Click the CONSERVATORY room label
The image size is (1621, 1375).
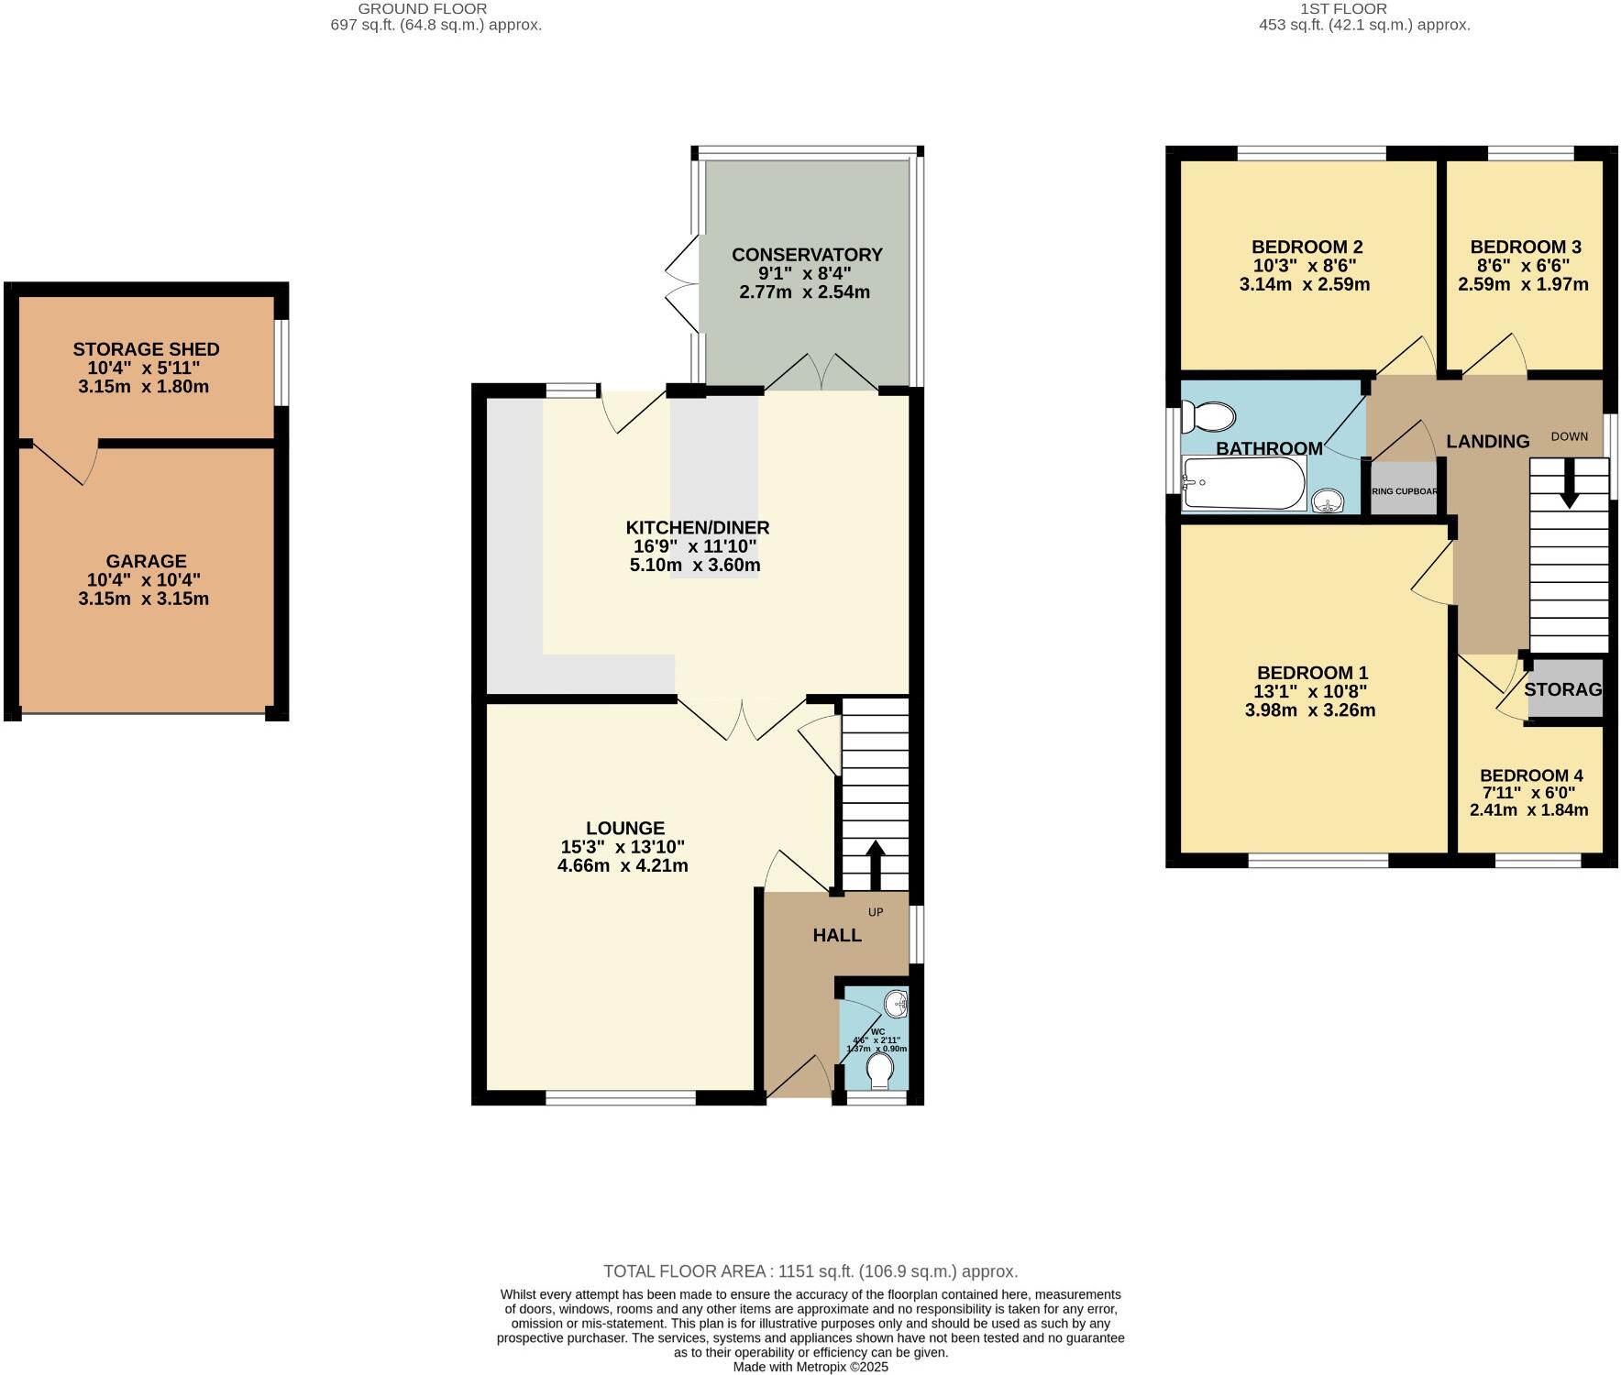(x=806, y=255)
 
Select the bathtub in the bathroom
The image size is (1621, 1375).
(x=1243, y=483)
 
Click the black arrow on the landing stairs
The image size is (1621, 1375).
(x=1569, y=483)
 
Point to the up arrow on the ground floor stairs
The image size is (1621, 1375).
(x=875, y=863)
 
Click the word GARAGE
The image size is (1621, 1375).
(x=146, y=561)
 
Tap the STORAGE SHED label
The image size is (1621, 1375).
(x=146, y=349)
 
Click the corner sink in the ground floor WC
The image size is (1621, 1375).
(x=896, y=1005)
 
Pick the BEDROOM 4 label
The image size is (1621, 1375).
(x=1530, y=775)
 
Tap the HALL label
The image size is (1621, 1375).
(x=836, y=935)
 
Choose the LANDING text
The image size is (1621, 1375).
(x=1487, y=442)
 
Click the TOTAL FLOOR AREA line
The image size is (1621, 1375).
(x=810, y=1271)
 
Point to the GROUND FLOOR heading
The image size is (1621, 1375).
(x=422, y=8)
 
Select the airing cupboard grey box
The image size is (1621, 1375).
(x=1404, y=490)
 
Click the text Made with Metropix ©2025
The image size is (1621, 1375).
(x=810, y=1367)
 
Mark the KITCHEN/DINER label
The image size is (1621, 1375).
(x=697, y=528)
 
